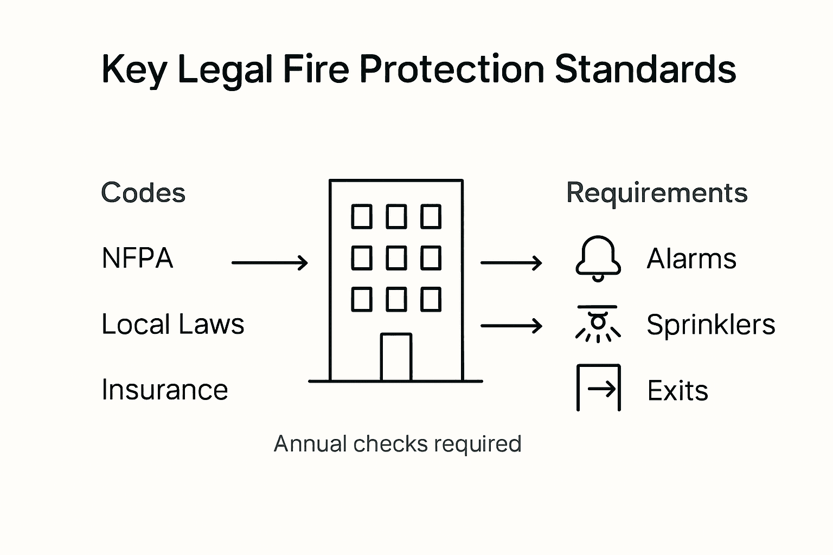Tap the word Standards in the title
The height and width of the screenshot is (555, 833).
(x=645, y=69)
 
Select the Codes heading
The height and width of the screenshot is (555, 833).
(x=143, y=193)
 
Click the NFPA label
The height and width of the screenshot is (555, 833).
(x=137, y=258)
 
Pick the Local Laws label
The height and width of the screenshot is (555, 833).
(x=172, y=324)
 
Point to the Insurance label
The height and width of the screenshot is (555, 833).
(x=164, y=390)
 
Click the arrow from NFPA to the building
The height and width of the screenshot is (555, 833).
(x=270, y=263)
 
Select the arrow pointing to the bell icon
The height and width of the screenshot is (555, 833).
(x=511, y=263)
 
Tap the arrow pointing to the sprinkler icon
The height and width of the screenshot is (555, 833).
(x=511, y=326)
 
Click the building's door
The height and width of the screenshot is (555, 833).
(x=396, y=357)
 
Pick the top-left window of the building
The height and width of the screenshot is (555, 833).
(x=362, y=216)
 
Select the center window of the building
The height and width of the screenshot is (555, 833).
(x=396, y=258)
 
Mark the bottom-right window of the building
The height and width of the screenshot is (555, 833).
(x=431, y=299)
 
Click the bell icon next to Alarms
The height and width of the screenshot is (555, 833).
(x=598, y=258)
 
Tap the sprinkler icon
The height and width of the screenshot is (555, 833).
(x=598, y=324)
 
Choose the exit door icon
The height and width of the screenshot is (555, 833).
(x=598, y=388)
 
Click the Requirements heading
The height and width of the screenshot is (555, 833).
(x=657, y=193)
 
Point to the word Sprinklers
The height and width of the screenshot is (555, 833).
(x=710, y=325)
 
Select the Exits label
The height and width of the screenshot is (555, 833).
(x=677, y=390)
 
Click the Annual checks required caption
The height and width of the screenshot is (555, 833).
(x=398, y=444)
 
